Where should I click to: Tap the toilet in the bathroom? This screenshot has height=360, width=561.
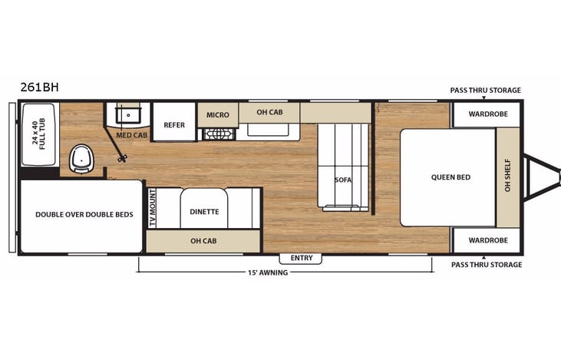[x=82, y=158]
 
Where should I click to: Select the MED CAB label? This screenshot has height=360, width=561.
[x=131, y=135]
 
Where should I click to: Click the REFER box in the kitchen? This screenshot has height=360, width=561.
[x=174, y=124]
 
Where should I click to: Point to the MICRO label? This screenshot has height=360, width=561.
[x=217, y=115]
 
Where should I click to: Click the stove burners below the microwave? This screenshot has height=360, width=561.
[x=218, y=134]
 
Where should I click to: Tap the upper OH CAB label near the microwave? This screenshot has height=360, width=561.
[x=269, y=112]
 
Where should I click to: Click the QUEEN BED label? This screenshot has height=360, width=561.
[x=450, y=177]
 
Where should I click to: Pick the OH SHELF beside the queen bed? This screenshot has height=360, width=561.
[x=507, y=177]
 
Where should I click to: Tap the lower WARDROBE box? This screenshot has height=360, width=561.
[x=486, y=240]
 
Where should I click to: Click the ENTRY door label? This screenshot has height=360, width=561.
[x=302, y=258]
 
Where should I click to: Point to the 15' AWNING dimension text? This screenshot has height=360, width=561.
[x=267, y=272]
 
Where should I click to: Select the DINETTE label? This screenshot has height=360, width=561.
[x=204, y=211]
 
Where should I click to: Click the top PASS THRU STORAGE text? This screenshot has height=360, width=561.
[x=486, y=91]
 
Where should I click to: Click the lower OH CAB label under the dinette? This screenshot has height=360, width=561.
[x=203, y=241]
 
